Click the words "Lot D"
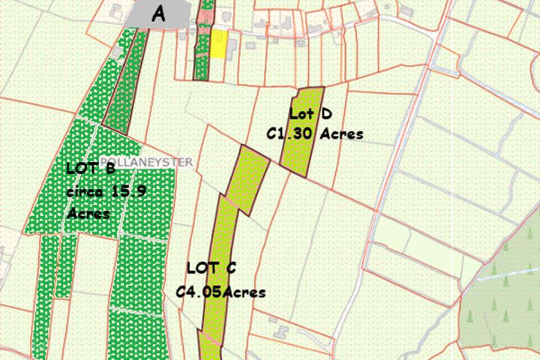[x=310, y=113]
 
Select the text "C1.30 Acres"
[x=315, y=134]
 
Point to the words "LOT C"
[x=211, y=268]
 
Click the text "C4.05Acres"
[x=220, y=292]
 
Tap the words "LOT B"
[x=90, y=167]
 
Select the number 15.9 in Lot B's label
[x=128, y=191]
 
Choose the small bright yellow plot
[x=218, y=43]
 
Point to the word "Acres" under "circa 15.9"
[x=88, y=214]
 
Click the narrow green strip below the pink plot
[x=201, y=56]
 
